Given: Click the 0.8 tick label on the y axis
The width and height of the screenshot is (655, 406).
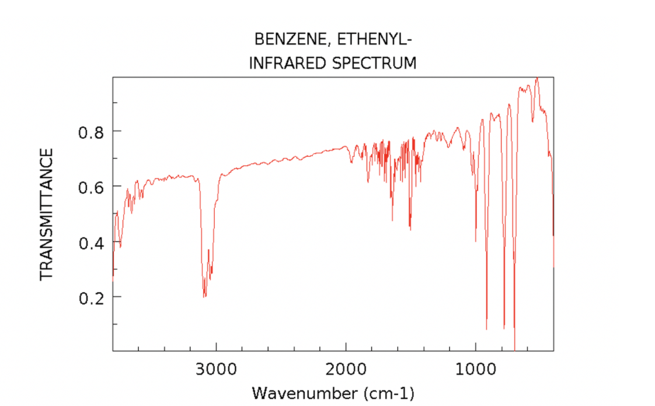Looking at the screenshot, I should [x=91, y=131].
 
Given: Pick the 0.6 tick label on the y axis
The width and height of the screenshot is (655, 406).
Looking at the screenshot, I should [x=91, y=187].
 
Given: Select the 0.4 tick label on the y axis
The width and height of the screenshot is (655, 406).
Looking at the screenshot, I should [x=91, y=242].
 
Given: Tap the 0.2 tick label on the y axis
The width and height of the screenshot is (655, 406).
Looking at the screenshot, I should [x=91, y=297].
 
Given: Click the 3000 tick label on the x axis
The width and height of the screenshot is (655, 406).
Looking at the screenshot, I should [x=217, y=369].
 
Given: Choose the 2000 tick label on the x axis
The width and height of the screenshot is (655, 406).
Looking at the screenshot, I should [x=346, y=369].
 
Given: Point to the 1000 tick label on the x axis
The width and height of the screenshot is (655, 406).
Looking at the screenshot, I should [x=476, y=369].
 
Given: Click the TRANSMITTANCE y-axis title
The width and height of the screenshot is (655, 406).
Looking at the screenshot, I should [x=47, y=213].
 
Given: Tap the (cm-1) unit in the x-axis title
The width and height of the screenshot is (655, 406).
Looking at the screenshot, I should [x=389, y=393].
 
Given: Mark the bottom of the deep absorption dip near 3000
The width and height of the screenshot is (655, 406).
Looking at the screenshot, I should [x=204, y=297].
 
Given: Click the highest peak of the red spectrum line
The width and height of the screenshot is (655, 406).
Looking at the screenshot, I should [x=536, y=78].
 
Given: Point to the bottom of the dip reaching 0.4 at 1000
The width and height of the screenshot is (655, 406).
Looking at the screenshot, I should [x=476, y=241].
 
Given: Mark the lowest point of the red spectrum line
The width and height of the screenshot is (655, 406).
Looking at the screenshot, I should [x=514, y=349].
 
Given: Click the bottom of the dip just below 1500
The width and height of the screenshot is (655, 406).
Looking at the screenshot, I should [x=410, y=230].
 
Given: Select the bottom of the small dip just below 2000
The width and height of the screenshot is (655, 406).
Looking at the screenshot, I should [x=351, y=162].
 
